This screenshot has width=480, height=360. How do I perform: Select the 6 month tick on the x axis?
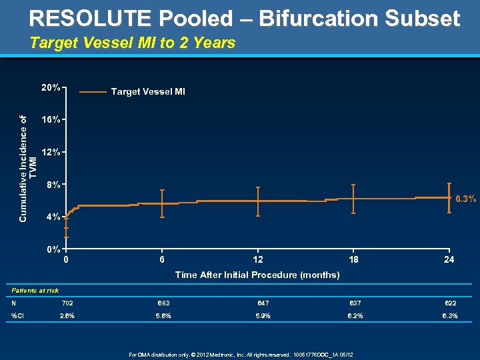[x=162, y=259]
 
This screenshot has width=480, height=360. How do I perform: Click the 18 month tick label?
[x=353, y=259]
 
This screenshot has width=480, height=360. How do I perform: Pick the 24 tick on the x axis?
[x=449, y=259]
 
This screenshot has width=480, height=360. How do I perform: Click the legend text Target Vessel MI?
[x=148, y=91]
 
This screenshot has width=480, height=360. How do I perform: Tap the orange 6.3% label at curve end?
[x=465, y=198]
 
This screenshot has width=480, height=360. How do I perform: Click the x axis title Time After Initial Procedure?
[x=257, y=275]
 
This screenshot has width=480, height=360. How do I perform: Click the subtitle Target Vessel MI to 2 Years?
[x=133, y=43]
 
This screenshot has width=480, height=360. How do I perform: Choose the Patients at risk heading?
[x=35, y=290]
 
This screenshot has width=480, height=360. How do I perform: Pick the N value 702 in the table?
[x=67, y=303]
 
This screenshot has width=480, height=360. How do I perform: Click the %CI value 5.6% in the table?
[x=163, y=315]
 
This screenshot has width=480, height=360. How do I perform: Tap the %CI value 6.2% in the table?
[x=354, y=315]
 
